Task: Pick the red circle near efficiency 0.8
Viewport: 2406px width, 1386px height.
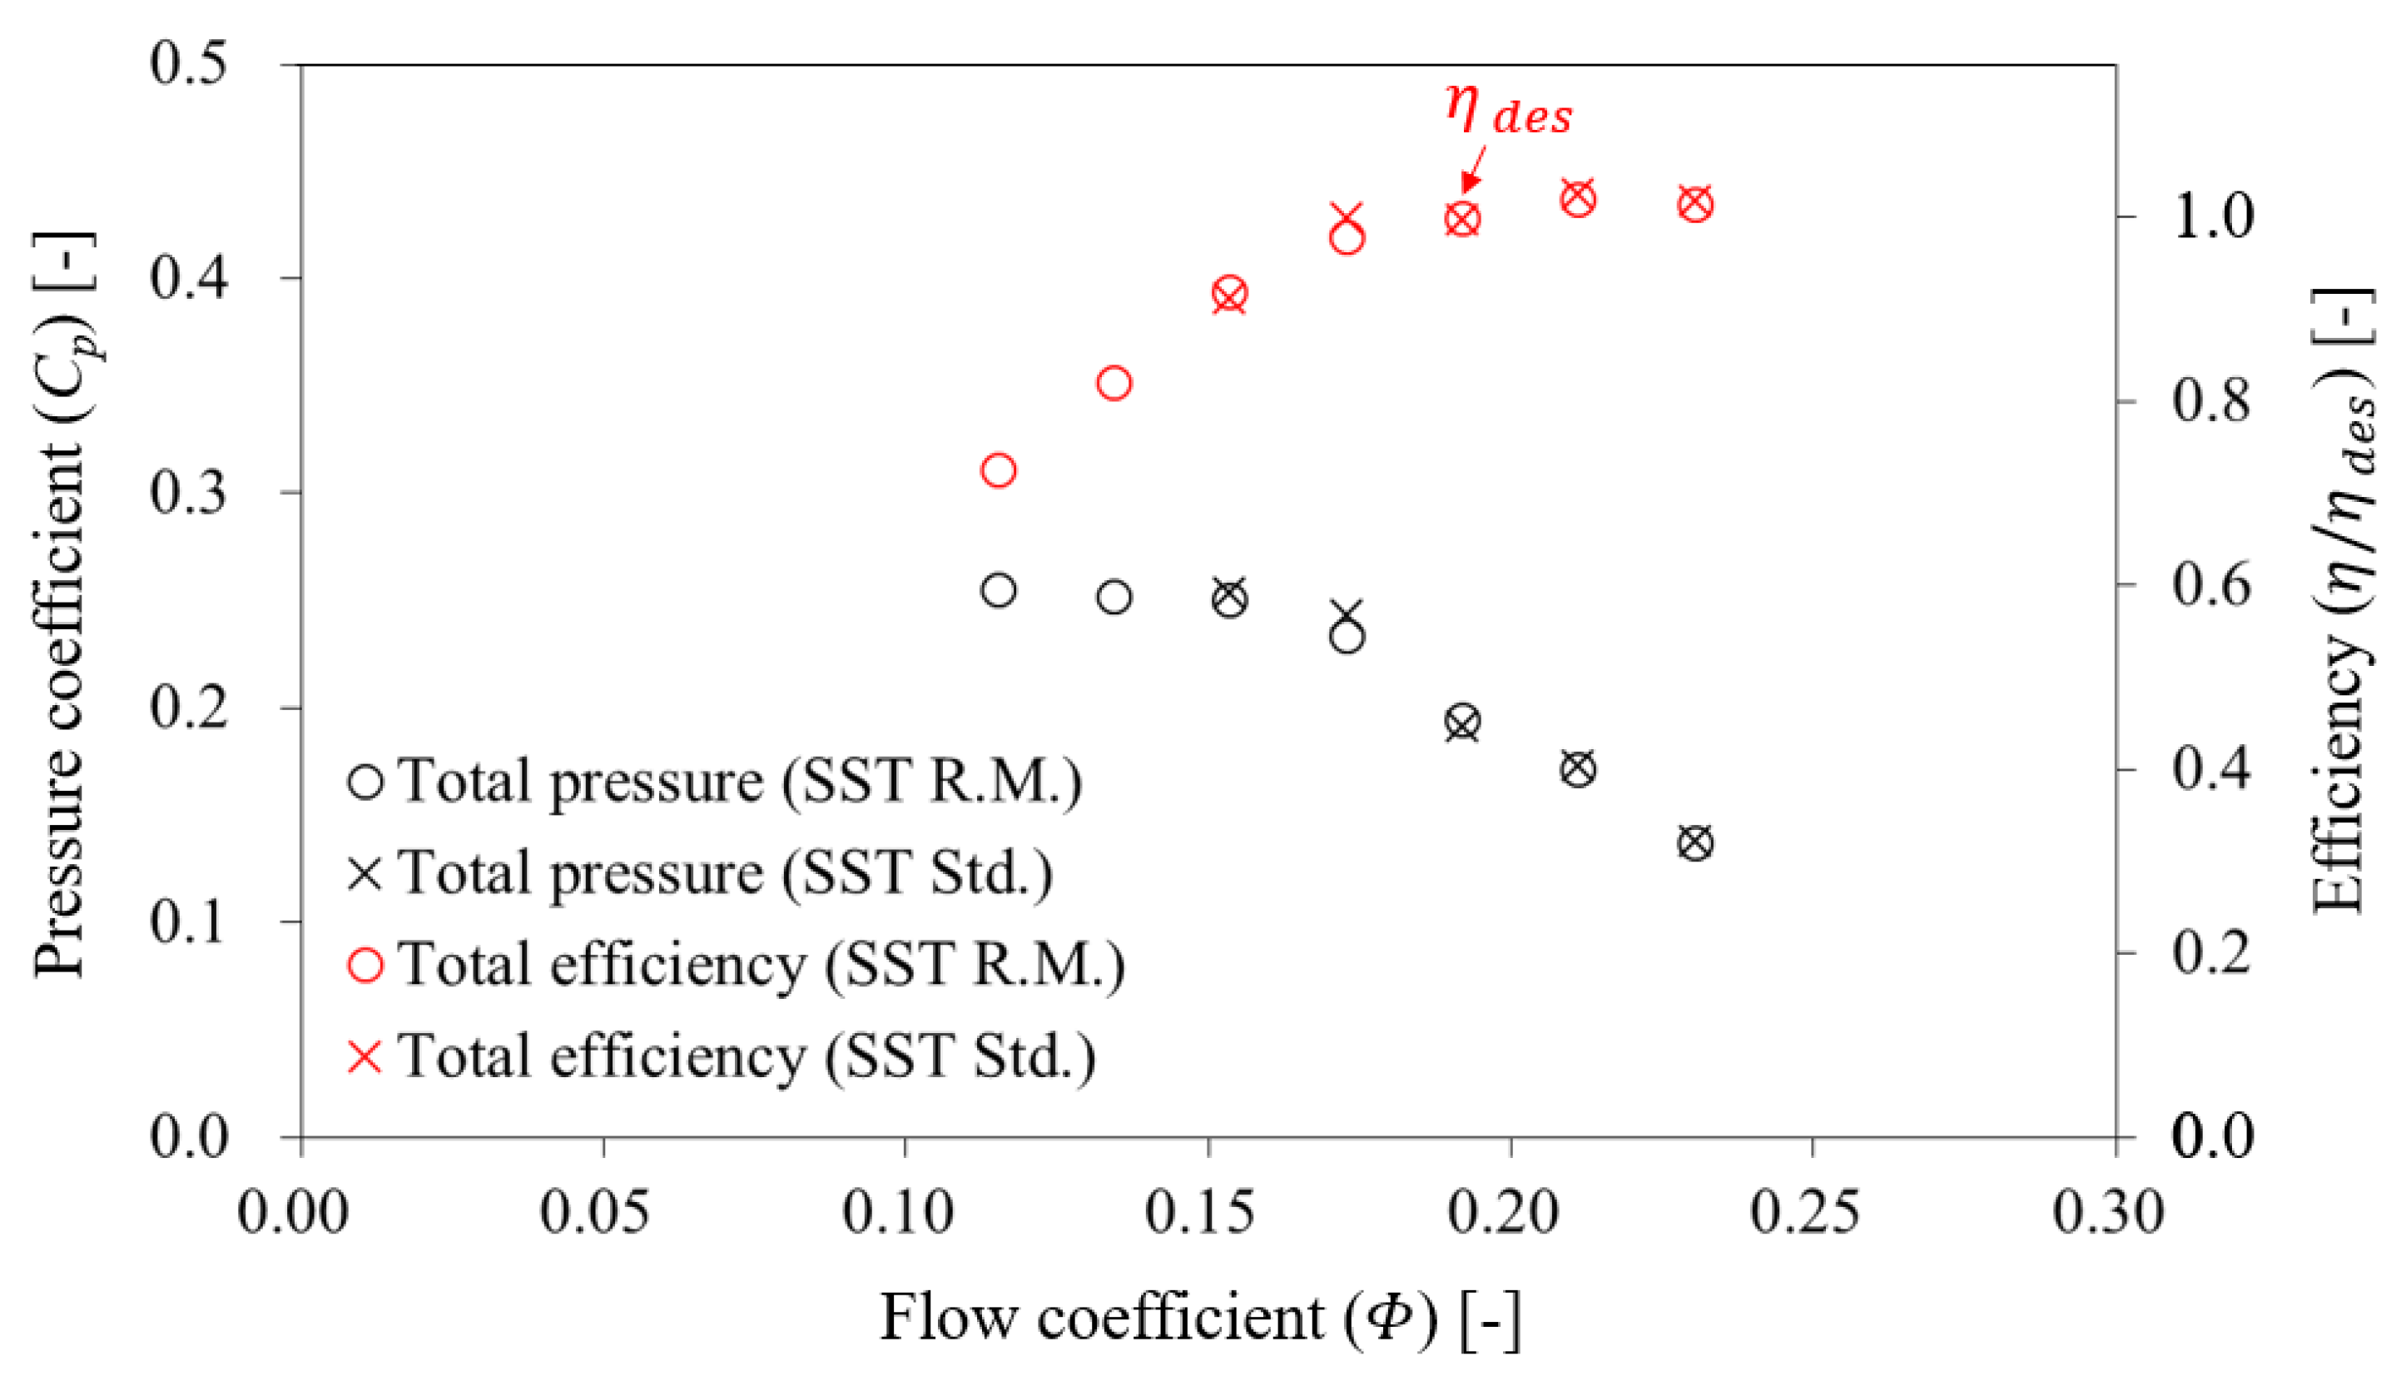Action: pos(1114,384)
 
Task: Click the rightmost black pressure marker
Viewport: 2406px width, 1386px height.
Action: pos(1695,843)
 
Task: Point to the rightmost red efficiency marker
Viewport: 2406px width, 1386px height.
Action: pos(1695,204)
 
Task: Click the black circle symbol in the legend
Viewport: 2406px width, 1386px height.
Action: pos(365,782)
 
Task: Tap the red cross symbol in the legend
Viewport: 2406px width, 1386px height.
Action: pos(365,1056)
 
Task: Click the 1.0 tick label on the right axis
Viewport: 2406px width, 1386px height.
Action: pos(2213,216)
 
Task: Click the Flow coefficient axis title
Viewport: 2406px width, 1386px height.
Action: pos(1199,1319)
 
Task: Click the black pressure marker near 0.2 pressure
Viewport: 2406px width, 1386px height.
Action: pos(1463,723)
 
